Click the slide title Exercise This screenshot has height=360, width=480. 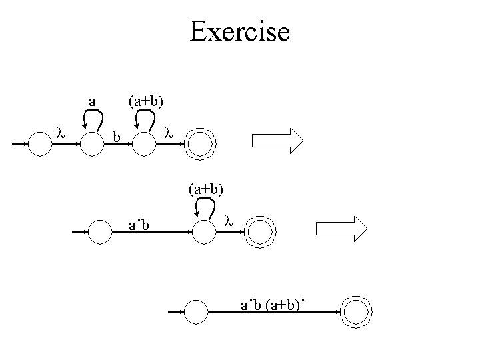tap(239, 31)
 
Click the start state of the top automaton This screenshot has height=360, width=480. tap(41, 143)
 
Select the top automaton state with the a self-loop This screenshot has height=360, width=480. tap(92, 143)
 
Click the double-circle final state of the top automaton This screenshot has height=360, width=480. tap(200, 143)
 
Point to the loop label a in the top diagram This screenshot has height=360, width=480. tap(93, 102)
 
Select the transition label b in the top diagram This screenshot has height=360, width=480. tap(116, 138)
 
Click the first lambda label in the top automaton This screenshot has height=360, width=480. tap(59, 133)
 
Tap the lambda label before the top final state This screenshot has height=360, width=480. tap(168, 133)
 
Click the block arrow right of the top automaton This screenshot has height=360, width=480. tap(277, 141)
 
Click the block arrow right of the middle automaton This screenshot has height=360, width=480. tap(341, 228)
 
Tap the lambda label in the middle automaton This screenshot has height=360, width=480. tap(227, 220)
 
